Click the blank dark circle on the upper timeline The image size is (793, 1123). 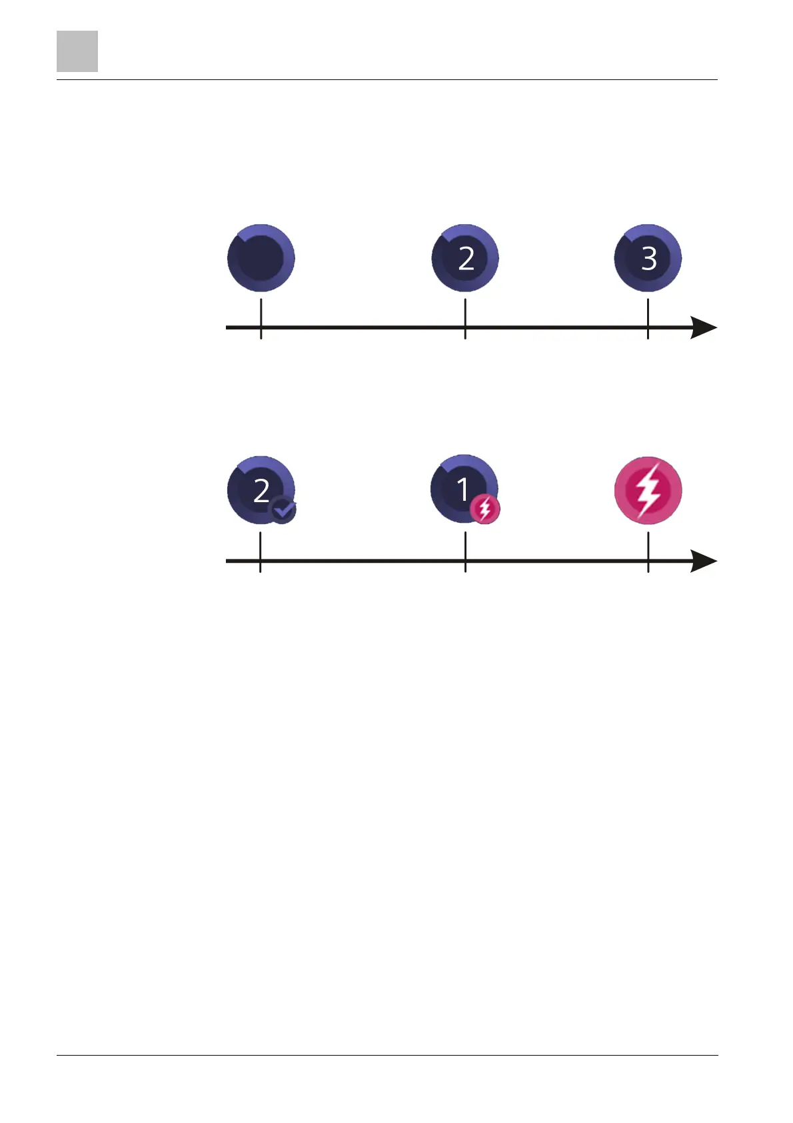point(261,257)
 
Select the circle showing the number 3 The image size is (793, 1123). point(648,257)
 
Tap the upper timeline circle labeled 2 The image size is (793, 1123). point(465,257)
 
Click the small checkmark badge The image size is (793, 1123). point(283,510)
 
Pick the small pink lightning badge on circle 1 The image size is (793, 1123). point(485,509)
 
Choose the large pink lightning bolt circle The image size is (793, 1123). point(648,490)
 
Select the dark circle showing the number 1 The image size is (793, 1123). point(463,488)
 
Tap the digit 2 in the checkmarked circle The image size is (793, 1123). point(261,491)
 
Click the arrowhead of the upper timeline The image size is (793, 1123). point(704,327)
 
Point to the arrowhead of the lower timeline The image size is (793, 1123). point(704,561)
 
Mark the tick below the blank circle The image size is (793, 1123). point(261,319)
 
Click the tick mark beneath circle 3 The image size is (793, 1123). point(648,319)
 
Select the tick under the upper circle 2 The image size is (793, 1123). point(465,319)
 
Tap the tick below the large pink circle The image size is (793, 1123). point(648,552)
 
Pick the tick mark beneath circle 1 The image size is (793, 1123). point(465,552)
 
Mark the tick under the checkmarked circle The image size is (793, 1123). point(261,552)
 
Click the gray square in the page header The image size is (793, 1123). point(77,51)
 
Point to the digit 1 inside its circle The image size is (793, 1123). point(463,489)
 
